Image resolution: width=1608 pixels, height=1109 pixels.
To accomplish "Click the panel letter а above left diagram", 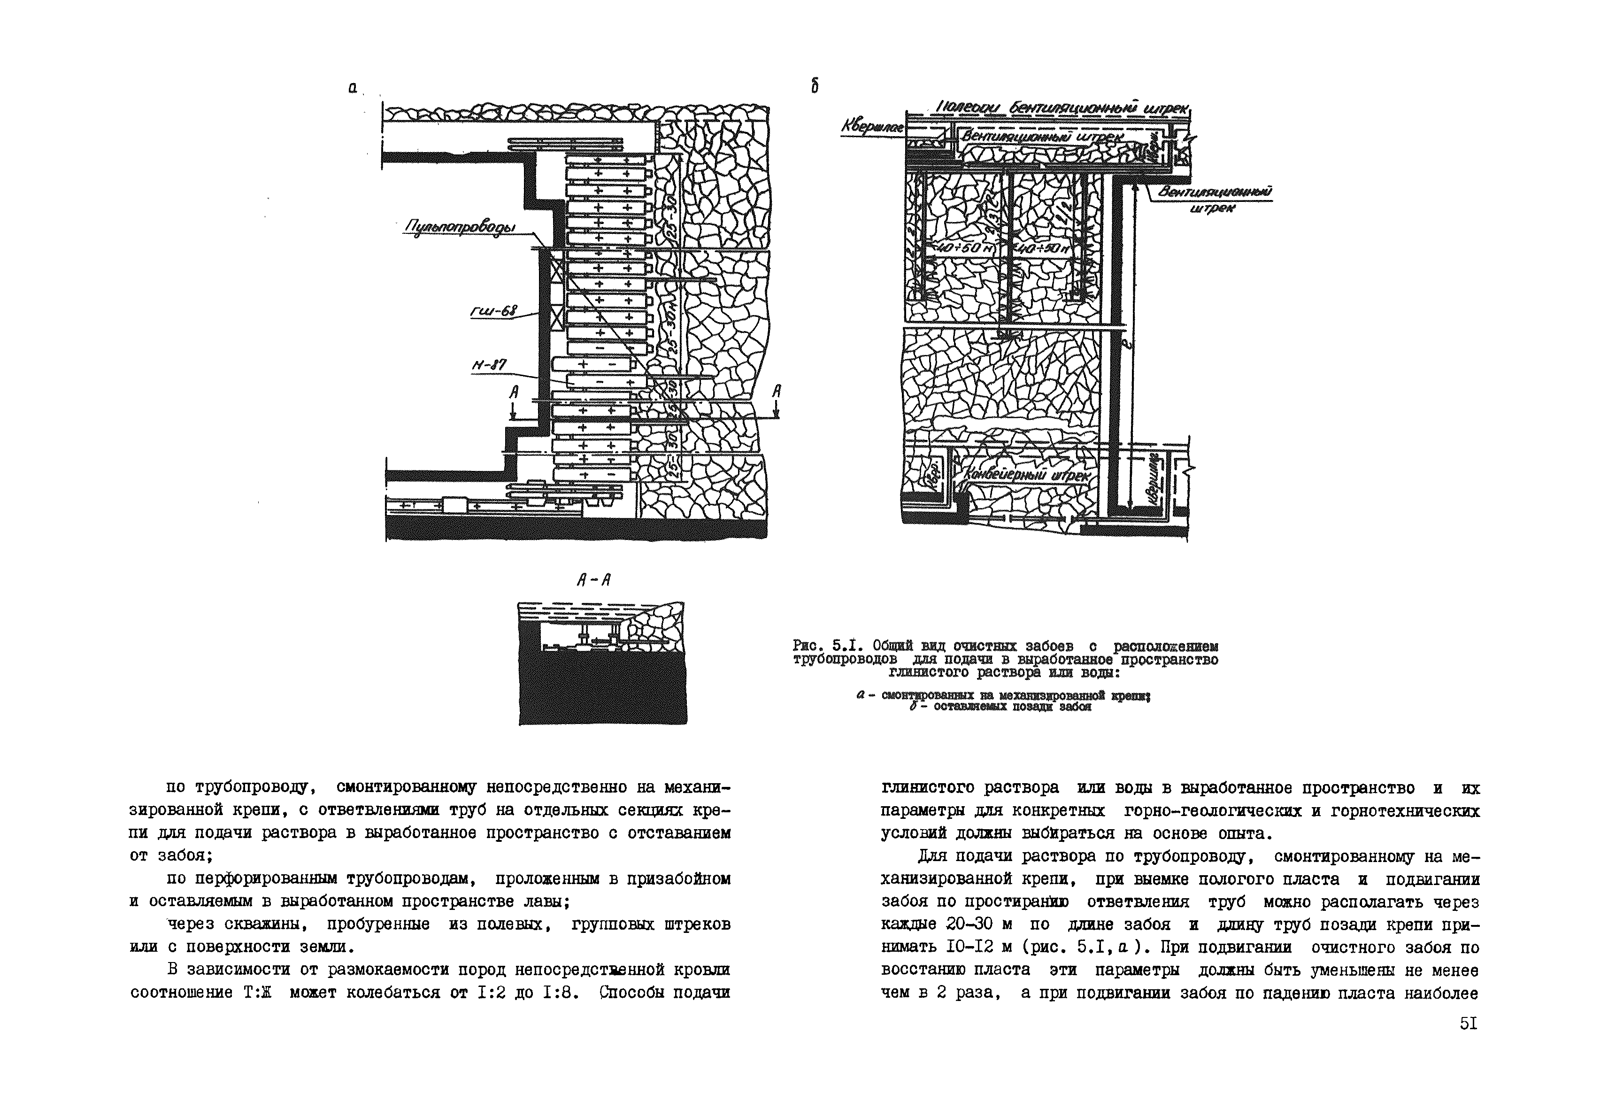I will [353, 88].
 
